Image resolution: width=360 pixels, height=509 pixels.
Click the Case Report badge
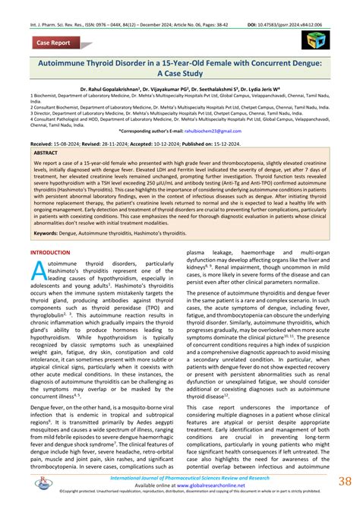pos(51,44)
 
